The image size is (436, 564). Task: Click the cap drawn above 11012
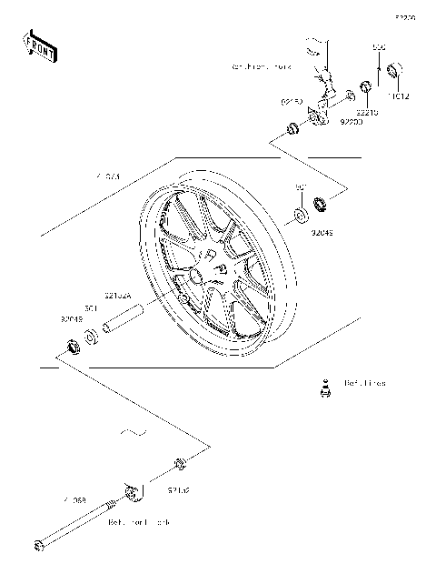tap(395, 70)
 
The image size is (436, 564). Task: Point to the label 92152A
tap(118, 296)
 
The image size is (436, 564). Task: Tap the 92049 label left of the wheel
tap(72, 319)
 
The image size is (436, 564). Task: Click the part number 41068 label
tap(74, 500)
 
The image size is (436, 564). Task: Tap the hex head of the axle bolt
tap(38, 546)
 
